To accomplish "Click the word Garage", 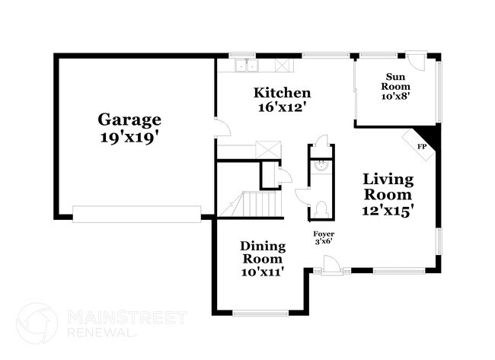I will click(x=129, y=119).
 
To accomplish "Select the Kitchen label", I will click(x=282, y=93).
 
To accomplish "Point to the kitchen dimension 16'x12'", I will click(x=282, y=108).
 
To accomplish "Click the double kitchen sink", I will click(x=244, y=65).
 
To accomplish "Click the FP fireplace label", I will click(x=421, y=145).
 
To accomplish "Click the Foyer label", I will click(x=324, y=234).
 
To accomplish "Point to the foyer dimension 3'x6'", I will click(x=324, y=242).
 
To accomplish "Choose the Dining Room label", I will click(x=263, y=253).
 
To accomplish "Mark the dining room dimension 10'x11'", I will click(x=263, y=271).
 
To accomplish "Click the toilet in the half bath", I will click(x=321, y=207).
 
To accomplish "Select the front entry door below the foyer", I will click(x=331, y=266).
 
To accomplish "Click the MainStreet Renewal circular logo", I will click(x=36, y=323).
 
